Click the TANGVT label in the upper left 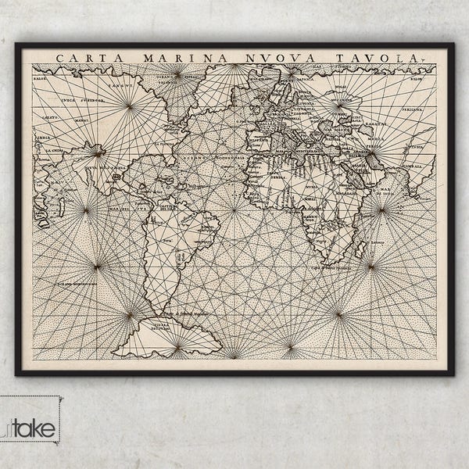(121, 86)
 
